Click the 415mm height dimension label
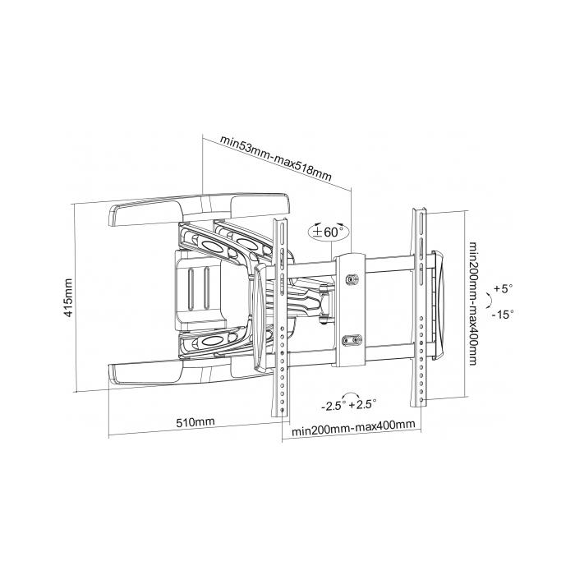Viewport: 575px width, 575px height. [70, 297]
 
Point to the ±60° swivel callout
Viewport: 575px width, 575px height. [329, 232]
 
